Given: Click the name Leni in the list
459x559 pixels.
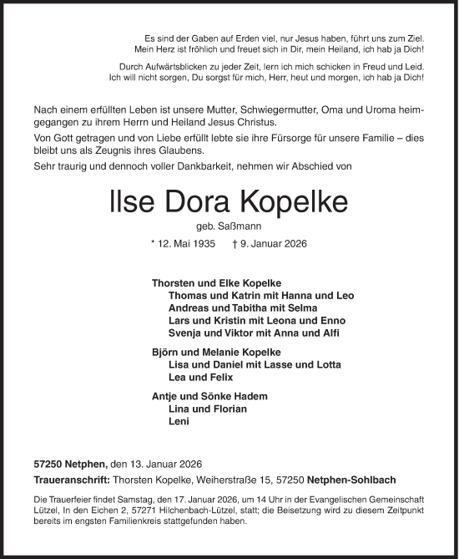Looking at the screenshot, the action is pyautogui.click(x=179, y=422).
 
